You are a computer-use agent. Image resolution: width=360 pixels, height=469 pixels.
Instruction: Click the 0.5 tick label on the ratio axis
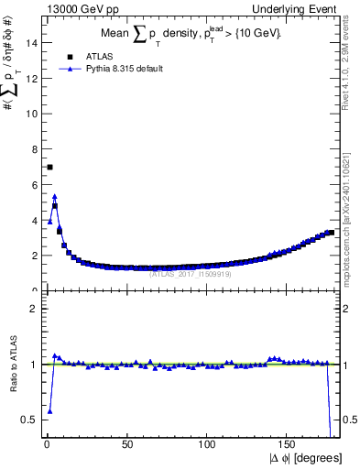[x=30, y=420]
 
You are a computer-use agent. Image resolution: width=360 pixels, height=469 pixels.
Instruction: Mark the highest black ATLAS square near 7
[x=49, y=167]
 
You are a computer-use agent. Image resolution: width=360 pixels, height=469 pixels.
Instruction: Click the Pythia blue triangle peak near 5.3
[x=55, y=196]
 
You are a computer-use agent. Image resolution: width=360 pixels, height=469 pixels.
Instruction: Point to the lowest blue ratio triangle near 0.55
[x=49, y=411]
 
